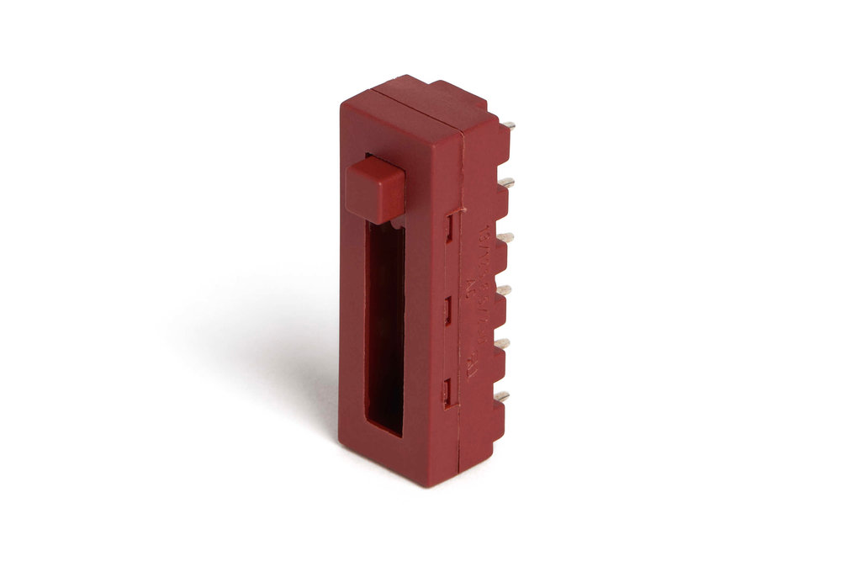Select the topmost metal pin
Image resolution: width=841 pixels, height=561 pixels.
509,126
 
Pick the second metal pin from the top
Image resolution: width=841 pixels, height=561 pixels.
506,181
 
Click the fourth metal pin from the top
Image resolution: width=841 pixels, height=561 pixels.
504,291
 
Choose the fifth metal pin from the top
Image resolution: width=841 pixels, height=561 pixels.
503,343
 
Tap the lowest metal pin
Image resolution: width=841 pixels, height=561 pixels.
501,395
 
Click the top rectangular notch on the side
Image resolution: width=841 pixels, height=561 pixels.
451,227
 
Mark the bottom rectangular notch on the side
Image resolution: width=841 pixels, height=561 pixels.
449,391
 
